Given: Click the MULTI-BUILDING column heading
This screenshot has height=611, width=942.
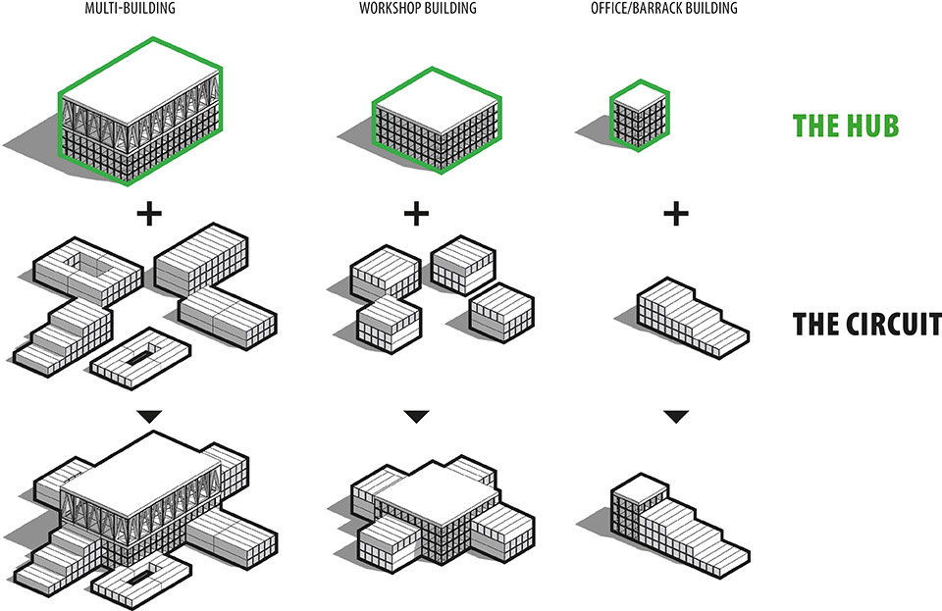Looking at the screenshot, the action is point(130,9).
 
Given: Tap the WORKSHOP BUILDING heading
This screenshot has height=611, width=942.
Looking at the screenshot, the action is point(418,9).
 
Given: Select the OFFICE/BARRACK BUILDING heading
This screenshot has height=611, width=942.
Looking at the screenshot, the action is point(664,9).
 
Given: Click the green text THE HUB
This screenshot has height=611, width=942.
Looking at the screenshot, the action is point(846,126).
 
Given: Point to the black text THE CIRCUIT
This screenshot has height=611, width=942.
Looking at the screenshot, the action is point(866,324).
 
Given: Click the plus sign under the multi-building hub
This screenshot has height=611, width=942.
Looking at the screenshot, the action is point(149,214).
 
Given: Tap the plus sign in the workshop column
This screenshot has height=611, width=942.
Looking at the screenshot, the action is point(416,214).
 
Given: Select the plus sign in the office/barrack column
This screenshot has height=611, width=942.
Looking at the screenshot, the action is point(676,214).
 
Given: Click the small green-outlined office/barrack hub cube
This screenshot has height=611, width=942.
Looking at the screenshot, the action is point(640,116).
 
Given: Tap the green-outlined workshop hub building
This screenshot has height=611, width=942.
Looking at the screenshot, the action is point(437,120).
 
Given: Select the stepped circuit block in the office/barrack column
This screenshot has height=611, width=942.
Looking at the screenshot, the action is point(692,318).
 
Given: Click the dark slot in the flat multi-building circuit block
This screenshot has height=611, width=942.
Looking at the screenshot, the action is point(140,357).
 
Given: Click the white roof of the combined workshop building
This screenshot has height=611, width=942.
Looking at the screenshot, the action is point(436,491).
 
